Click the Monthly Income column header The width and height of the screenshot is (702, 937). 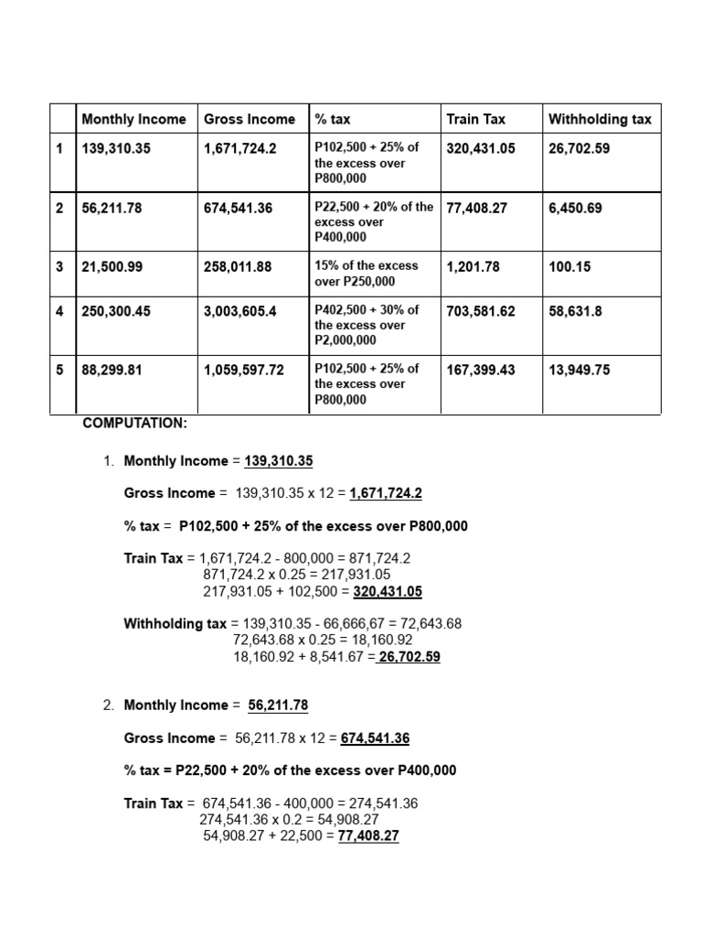[x=133, y=119]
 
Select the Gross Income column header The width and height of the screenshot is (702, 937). [x=250, y=119]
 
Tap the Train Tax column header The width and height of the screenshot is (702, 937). [x=475, y=119]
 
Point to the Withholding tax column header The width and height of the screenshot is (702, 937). [x=600, y=119]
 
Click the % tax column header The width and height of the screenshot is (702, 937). [x=333, y=119]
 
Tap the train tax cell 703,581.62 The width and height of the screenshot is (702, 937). [x=481, y=311]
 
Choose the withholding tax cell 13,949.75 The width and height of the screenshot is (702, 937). [x=580, y=370]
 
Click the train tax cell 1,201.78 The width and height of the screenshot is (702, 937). [x=473, y=266]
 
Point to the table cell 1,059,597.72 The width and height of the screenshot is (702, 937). [x=244, y=370]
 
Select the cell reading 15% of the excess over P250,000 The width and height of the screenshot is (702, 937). [x=366, y=273]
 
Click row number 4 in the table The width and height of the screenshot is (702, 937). [x=59, y=311]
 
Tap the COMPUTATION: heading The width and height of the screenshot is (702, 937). [x=134, y=423]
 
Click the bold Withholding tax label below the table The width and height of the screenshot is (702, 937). [x=175, y=623]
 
